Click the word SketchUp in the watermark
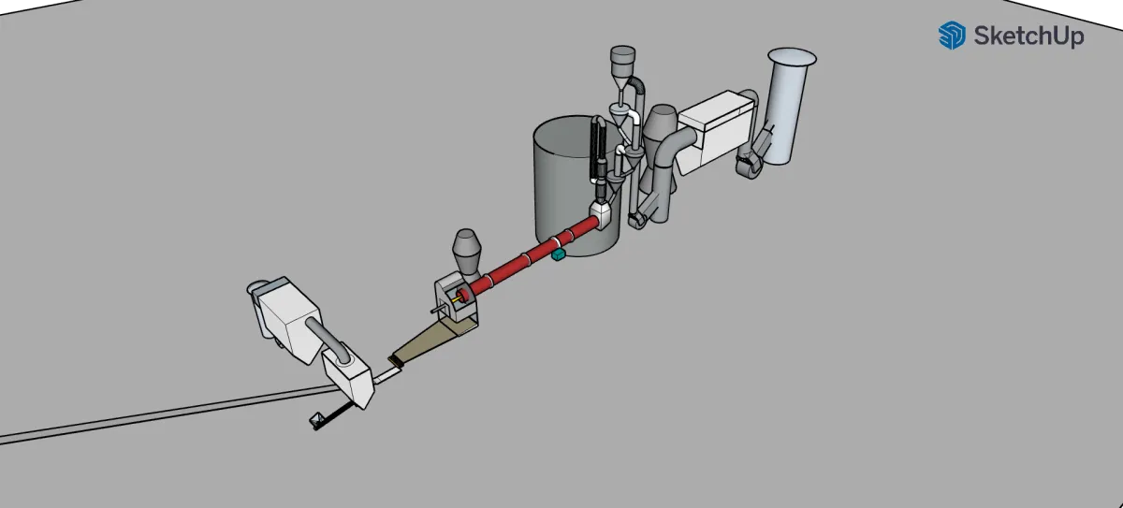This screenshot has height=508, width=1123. pyautogui.click(x=1028, y=36)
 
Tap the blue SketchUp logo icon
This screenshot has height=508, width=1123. pyautogui.click(x=952, y=36)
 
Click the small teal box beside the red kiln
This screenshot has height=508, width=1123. pyautogui.click(x=558, y=254)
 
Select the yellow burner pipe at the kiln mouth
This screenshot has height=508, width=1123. pyautogui.click(x=457, y=299)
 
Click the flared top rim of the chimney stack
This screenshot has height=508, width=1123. pyautogui.click(x=792, y=57)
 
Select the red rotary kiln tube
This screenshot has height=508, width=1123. pyautogui.click(x=532, y=255)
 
